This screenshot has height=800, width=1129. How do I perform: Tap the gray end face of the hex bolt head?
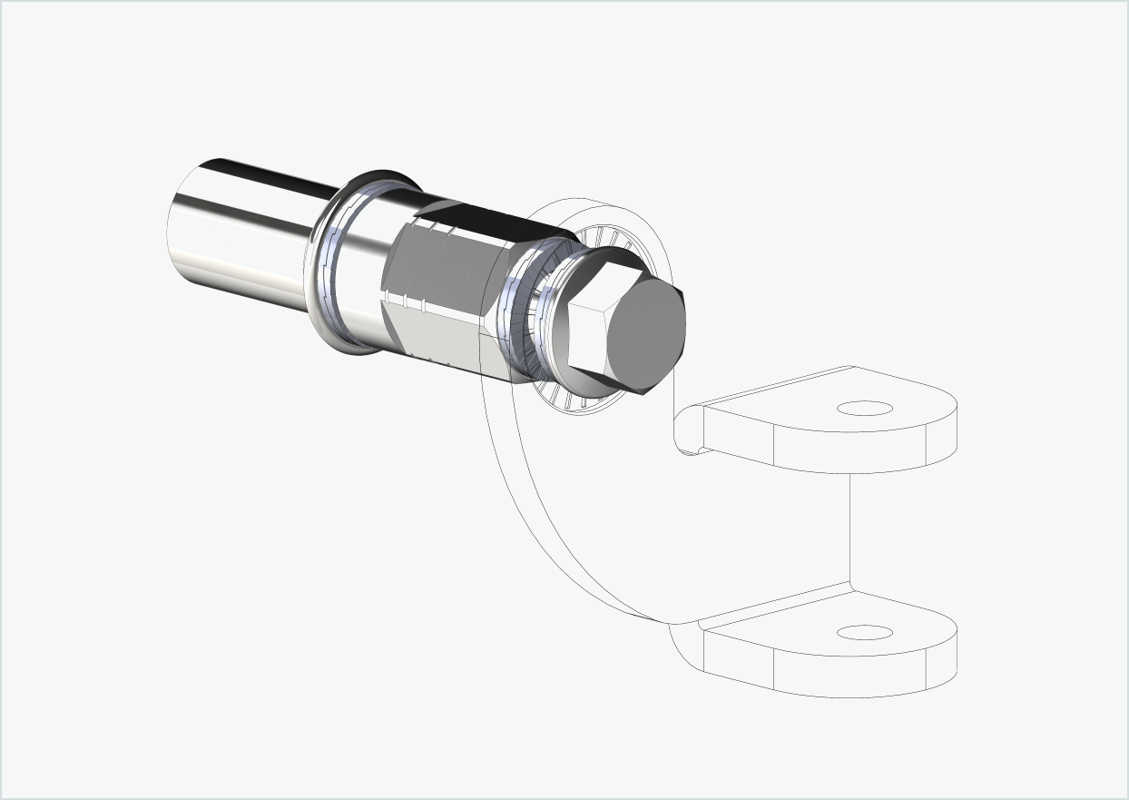click(644, 331)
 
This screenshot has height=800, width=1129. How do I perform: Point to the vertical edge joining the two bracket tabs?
click(850, 527)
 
